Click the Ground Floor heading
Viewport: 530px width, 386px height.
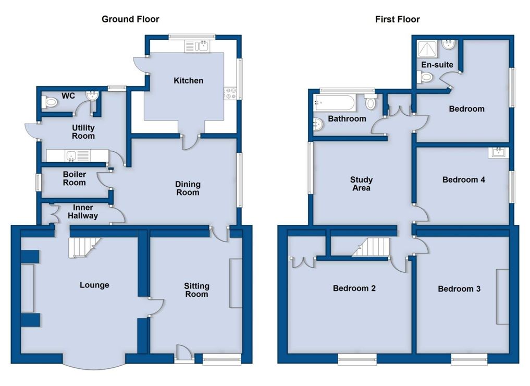(x=130, y=19)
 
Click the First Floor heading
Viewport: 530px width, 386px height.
(x=397, y=19)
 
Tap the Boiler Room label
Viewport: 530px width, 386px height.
(x=75, y=178)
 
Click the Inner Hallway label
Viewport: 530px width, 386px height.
(x=83, y=211)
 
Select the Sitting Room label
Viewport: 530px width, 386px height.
(x=196, y=290)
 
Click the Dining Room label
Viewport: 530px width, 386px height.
(x=188, y=188)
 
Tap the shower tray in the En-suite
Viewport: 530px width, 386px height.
(x=427, y=49)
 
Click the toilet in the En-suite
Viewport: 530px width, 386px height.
(x=425, y=77)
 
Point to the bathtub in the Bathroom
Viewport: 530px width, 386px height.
(x=335, y=103)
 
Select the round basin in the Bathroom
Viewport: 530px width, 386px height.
(x=318, y=124)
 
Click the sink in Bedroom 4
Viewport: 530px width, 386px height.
(x=498, y=152)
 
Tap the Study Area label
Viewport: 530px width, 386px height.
(x=361, y=184)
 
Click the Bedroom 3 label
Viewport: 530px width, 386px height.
(x=459, y=288)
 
